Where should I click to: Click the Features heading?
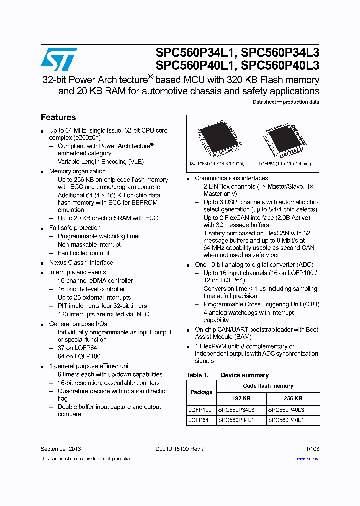[58, 117]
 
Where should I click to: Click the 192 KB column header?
[241, 398]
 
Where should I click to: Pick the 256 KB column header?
[293, 398]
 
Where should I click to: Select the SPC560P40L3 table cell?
[286, 410]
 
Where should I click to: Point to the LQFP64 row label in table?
[198, 420]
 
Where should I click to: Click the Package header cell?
[201, 392]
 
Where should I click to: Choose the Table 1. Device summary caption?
[228, 375]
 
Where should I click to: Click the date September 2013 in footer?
[61, 449]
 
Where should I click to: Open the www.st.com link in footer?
[308, 459]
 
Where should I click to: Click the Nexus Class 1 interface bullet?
[81, 263]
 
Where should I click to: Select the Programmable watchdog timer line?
[99, 236]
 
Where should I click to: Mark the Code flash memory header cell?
[268, 386]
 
